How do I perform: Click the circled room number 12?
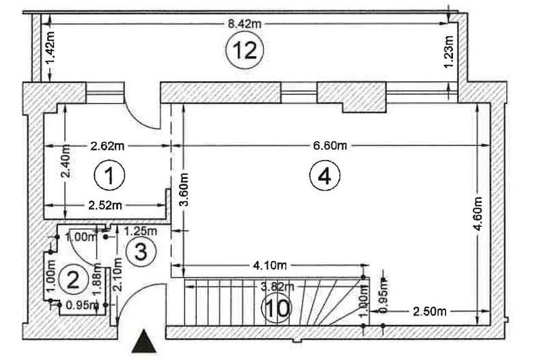[245, 50]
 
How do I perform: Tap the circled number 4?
[324, 176]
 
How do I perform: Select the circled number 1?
[109, 175]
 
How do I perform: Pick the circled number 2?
[73, 279]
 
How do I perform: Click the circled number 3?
[141, 252]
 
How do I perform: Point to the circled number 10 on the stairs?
[277, 308]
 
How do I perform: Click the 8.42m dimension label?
[245, 24]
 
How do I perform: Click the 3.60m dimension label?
[184, 189]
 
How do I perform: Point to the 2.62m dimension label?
[107, 146]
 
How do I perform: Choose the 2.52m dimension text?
[105, 205]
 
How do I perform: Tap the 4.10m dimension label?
[270, 265]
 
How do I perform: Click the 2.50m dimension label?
[430, 311]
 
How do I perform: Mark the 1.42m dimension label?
[51, 48]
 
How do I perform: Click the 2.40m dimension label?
[66, 161]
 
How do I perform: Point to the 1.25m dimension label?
[140, 231]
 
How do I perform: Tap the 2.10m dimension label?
[118, 274]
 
